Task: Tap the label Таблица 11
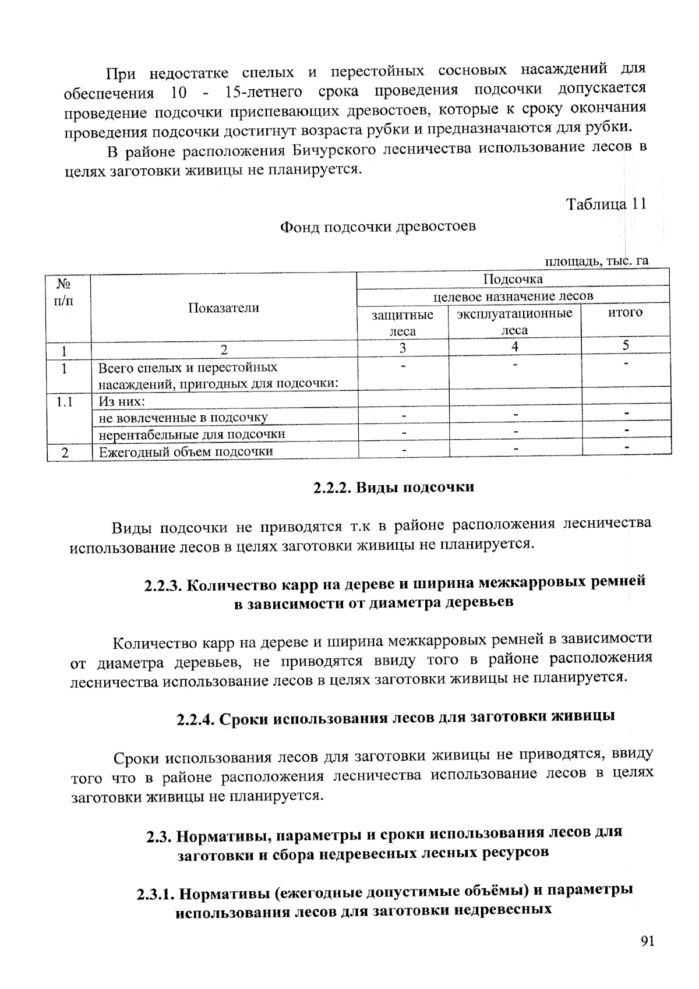[606, 204]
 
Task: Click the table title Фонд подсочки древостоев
[378, 227]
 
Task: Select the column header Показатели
[224, 308]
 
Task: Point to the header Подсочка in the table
[513, 279]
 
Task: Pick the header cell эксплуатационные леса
[514, 322]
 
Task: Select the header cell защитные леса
[403, 323]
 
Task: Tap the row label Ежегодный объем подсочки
[185, 452]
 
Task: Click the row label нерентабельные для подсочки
[192, 435]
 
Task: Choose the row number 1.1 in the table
[65, 401]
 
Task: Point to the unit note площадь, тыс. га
[596, 261]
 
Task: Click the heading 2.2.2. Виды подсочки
[394, 488]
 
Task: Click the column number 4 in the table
[514, 347]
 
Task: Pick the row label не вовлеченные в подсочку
[183, 418]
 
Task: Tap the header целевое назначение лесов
[513, 296]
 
